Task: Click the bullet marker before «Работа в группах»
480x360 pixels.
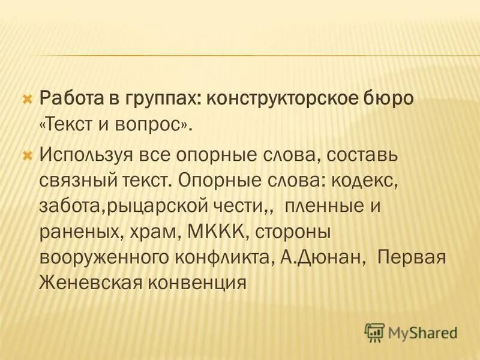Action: [x=26, y=97]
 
